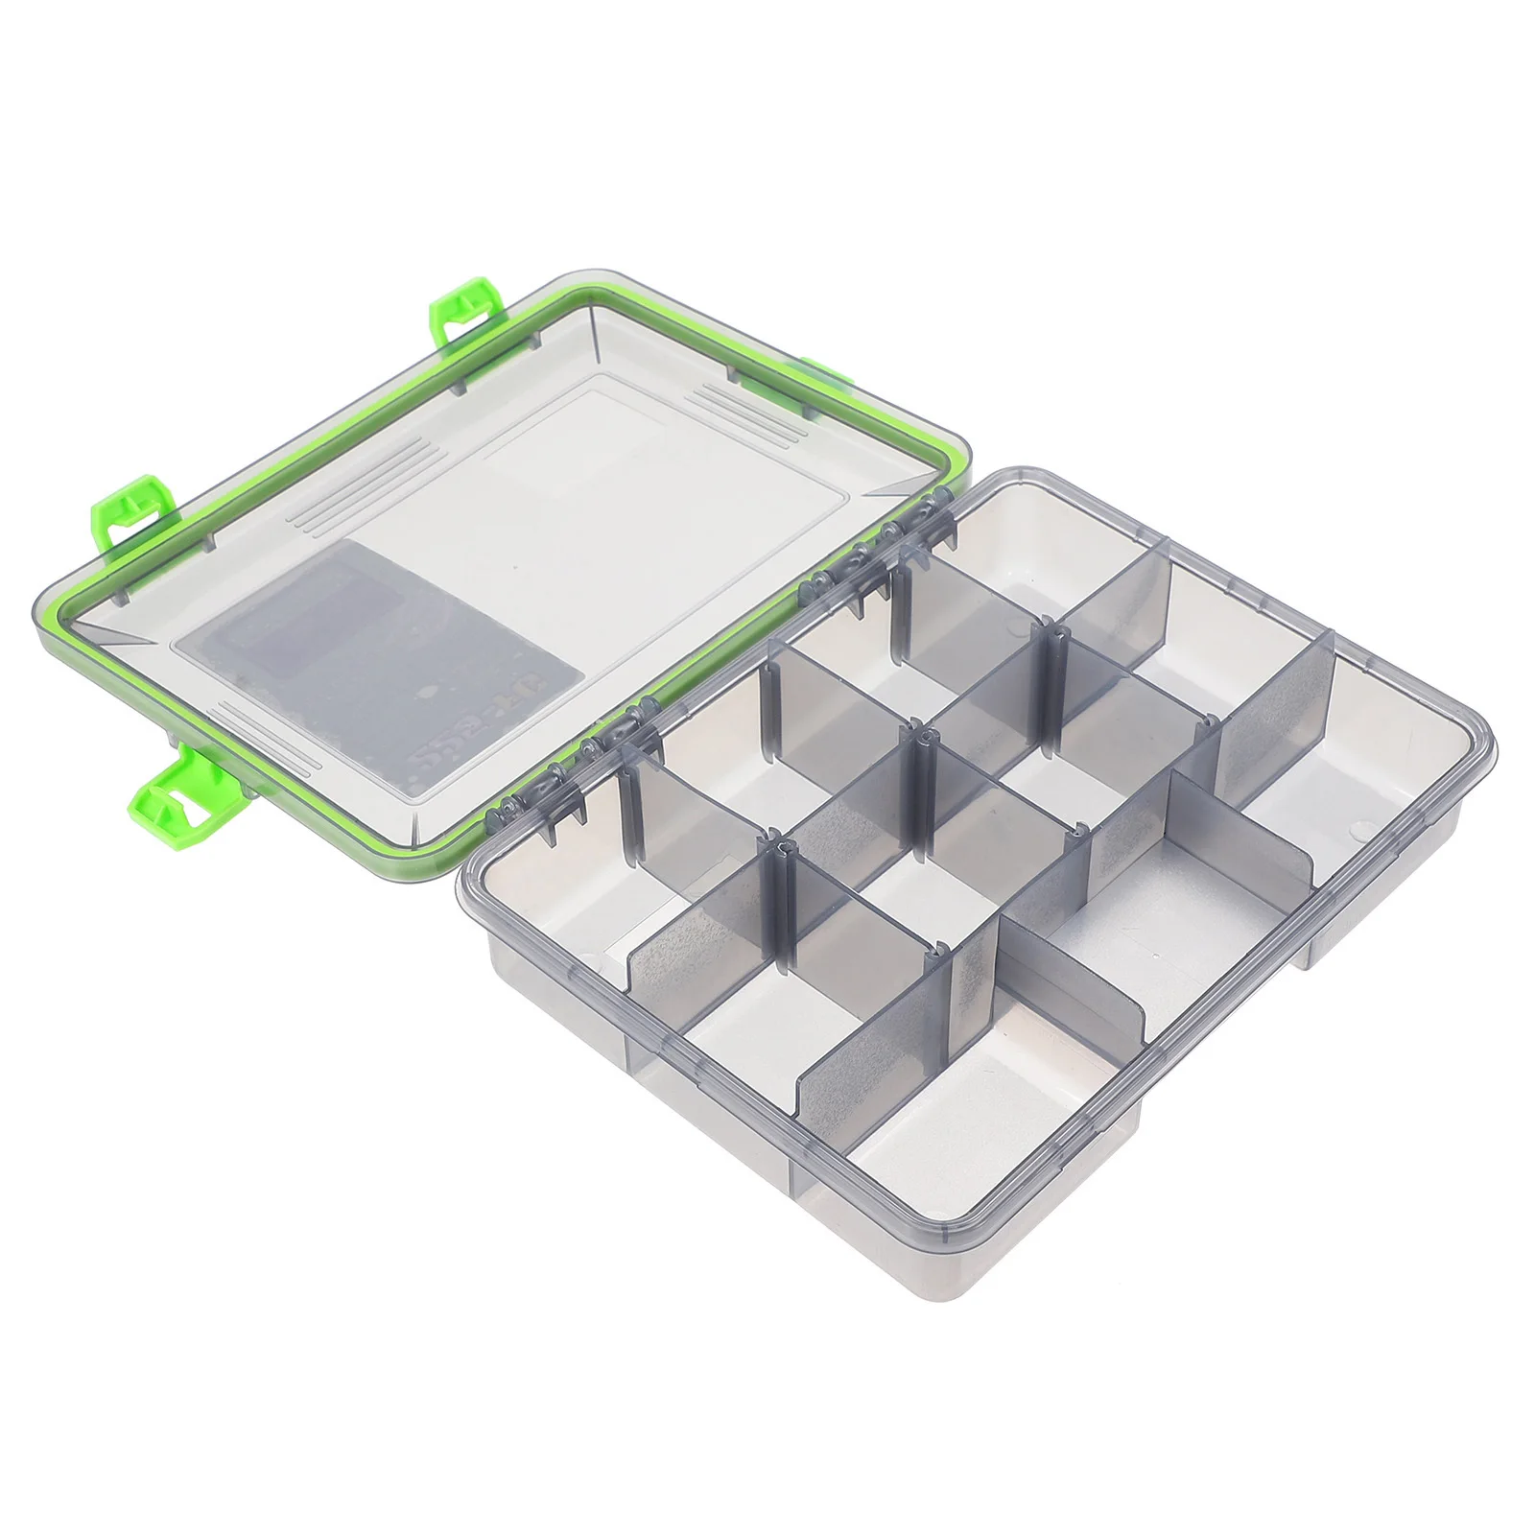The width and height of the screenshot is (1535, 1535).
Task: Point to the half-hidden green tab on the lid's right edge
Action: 815,376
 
